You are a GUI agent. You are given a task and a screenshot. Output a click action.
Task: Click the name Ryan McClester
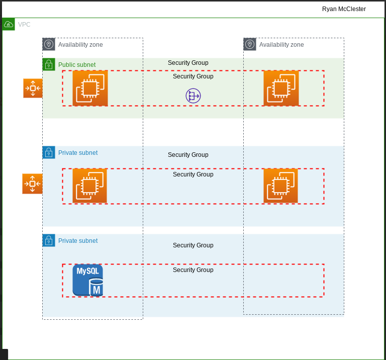[344, 9]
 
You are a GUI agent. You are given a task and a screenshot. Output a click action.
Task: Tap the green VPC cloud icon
[9, 24]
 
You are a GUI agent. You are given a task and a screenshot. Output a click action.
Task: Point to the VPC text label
[24, 24]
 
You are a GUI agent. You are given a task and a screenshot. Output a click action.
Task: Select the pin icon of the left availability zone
[49, 44]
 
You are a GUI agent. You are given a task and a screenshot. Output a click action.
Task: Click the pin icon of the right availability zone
[250, 44]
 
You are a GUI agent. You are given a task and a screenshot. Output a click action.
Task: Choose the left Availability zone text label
[80, 45]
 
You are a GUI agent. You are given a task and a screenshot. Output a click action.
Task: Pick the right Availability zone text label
[281, 45]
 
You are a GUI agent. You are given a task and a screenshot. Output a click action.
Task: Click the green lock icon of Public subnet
[49, 64]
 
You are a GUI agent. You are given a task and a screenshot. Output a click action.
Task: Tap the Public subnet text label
[77, 65]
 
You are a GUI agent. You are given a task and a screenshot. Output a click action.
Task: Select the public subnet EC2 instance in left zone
[90, 88]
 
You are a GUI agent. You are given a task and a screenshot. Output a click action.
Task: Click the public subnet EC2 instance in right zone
[281, 88]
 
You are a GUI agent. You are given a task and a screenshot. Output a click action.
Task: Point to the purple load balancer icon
[193, 96]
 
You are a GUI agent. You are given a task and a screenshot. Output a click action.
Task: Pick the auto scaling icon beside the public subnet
[33, 88]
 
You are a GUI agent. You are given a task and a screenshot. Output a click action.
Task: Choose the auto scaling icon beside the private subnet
[32, 184]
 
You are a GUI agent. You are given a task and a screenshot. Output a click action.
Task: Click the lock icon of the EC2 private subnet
[49, 152]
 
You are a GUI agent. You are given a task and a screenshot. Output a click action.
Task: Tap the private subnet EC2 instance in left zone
[89, 186]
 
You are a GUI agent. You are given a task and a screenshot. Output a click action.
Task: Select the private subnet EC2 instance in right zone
[280, 186]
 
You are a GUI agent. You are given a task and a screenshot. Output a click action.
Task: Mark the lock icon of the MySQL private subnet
[49, 240]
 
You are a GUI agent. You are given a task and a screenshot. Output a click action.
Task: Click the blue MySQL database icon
[88, 280]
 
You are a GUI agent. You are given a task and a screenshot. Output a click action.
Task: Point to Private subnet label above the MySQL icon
[78, 241]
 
